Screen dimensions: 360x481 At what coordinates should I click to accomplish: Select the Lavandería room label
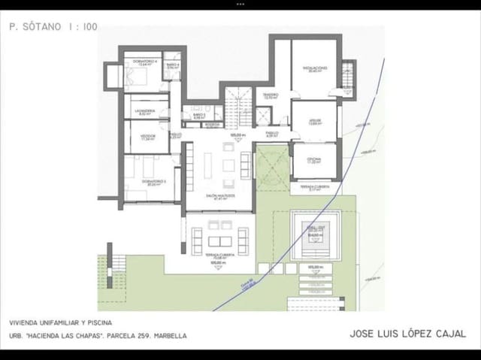click(145, 111)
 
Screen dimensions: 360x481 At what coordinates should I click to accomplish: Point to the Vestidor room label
click(147, 137)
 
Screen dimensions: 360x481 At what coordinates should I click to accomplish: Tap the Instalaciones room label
click(315, 68)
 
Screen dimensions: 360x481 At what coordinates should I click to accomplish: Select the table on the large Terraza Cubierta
click(220, 241)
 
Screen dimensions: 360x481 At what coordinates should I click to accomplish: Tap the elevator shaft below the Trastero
click(263, 116)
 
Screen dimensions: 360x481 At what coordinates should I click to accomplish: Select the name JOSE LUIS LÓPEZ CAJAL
click(407, 334)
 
